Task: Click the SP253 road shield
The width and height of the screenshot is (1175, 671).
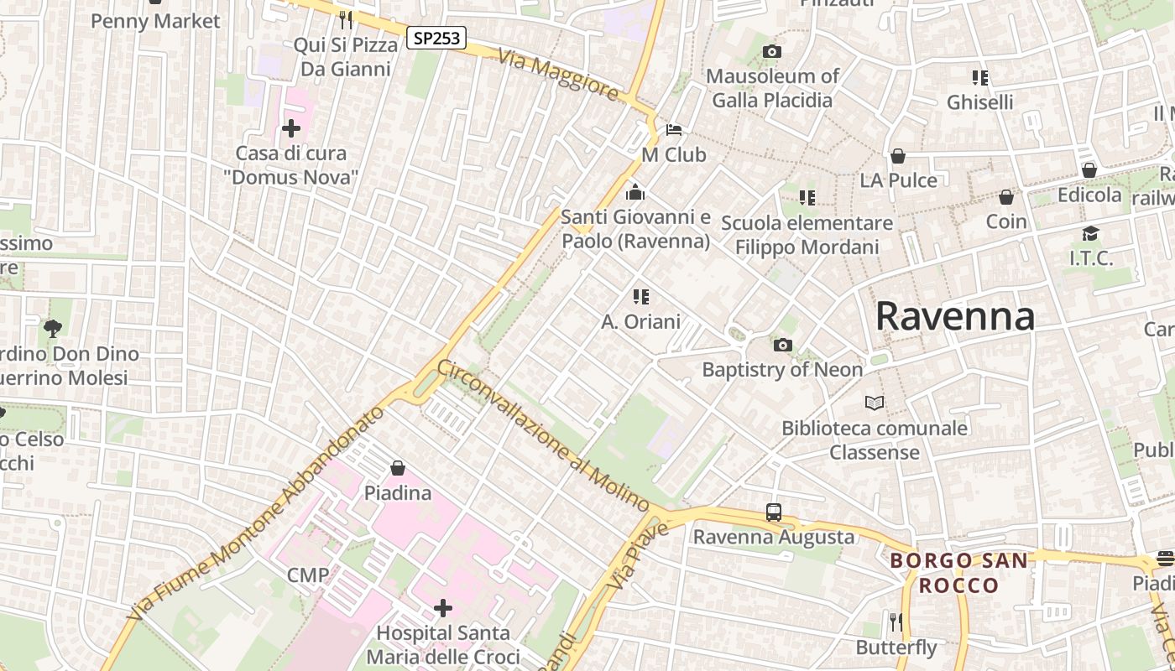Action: pos(436,38)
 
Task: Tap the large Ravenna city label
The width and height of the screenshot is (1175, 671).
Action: pos(954,317)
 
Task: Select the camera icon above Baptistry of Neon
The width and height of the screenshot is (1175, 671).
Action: pos(782,345)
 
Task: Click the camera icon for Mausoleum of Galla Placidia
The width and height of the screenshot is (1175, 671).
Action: pos(771,52)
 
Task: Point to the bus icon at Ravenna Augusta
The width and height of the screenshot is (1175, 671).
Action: pos(773,512)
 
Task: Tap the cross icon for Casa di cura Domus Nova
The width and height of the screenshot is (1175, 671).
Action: pos(291,128)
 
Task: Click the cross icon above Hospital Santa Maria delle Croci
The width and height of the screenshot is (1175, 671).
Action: pos(443,607)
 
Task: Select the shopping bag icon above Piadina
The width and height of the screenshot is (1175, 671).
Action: pos(398,467)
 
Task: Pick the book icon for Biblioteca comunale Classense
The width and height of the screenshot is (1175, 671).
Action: pos(875,403)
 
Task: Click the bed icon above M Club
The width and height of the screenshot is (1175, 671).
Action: pos(674,130)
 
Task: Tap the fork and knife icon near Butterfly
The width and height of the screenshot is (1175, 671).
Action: pos(896,622)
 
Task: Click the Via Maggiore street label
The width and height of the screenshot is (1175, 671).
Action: pos(558,75)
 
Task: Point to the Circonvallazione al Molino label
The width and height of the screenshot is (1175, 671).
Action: pos(543,436)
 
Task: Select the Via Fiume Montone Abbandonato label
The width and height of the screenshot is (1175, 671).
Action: pos(255,515)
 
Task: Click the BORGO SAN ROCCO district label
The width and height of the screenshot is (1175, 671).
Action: pos(958,573)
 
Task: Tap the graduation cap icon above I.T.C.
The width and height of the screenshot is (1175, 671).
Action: pos(1090,233)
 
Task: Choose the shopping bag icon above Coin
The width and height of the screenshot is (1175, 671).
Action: pos(1005,197)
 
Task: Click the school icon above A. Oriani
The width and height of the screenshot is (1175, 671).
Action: pos(641,296)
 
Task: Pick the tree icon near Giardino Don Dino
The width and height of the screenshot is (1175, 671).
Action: pos(53,328)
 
